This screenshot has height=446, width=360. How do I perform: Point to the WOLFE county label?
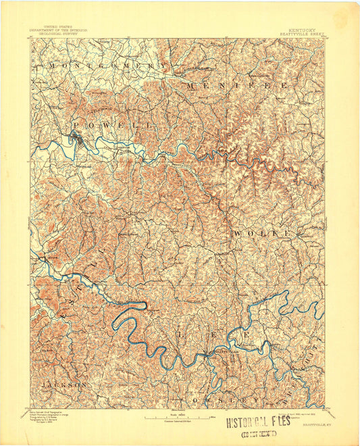[x=263, y=233]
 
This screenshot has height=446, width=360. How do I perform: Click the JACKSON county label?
[x=63, y=384]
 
